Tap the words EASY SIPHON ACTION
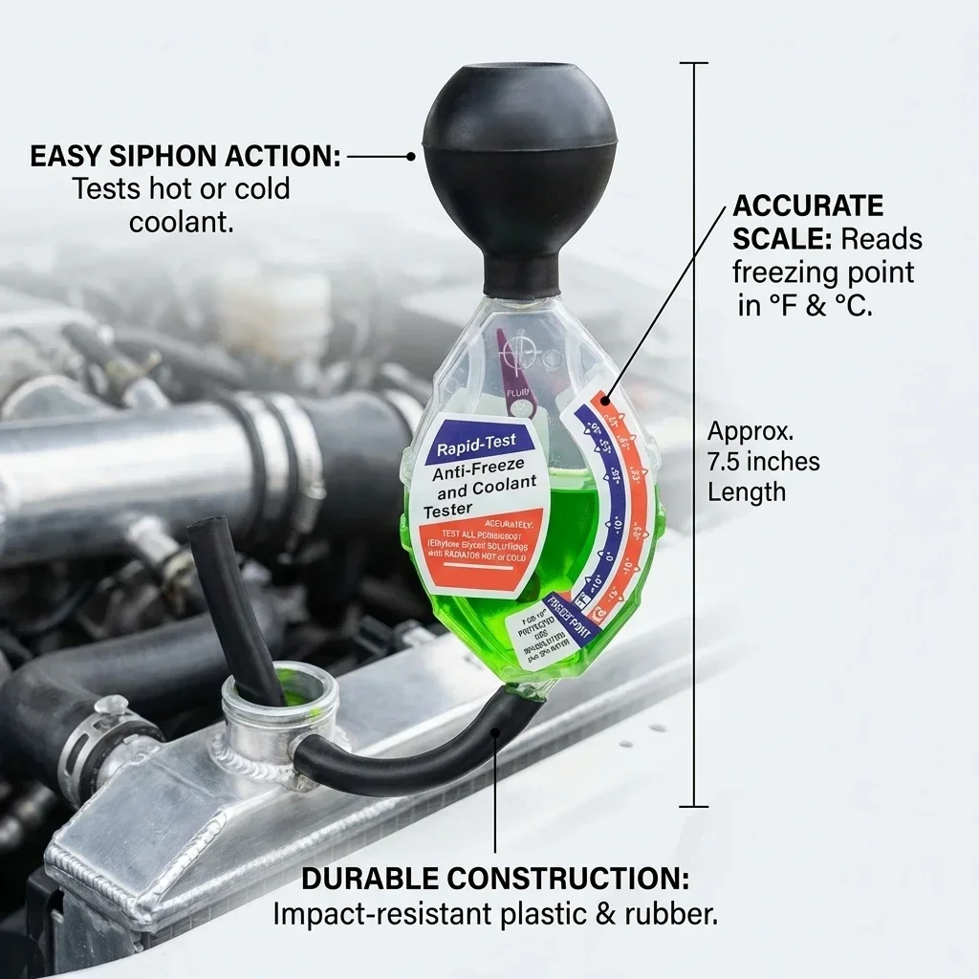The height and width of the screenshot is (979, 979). click(185, 156)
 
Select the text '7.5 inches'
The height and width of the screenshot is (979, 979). click(763, 462)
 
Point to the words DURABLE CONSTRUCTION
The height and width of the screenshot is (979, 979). click(495, 879)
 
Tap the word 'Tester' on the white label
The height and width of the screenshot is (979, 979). click(448, 512)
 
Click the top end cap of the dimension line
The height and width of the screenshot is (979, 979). click(694, 63)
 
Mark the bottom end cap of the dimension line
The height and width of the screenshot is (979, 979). click(694, 807)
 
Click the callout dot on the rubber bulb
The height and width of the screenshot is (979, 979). click(411, 156)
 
